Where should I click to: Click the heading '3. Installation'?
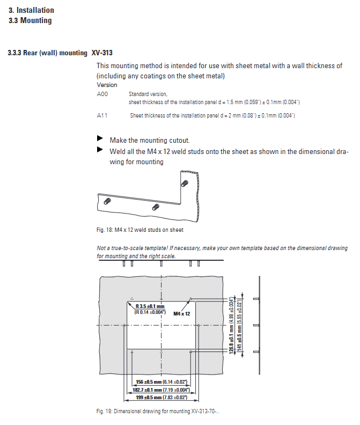(x=31, y=10)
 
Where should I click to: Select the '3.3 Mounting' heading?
(x=31, y=20)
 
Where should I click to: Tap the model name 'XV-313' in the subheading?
(x=102, y=53)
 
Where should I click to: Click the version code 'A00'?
(x=102, y=94)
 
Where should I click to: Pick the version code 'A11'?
(x=102, y=115)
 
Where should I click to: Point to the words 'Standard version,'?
(x=148, y=94)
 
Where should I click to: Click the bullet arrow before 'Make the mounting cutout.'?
(x=99, y=139)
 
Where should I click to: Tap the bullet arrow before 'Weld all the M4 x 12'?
(x=99, y=150)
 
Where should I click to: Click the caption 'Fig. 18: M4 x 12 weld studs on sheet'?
(x=140, y=230)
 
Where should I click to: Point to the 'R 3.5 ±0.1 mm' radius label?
(x=150, y=306)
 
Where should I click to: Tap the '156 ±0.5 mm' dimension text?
(x=161, y=382)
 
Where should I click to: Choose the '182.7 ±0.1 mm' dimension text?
(x=161, y=390)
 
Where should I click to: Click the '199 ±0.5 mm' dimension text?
(x=161, y=398)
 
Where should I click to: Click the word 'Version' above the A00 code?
(x=107, y=85)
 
